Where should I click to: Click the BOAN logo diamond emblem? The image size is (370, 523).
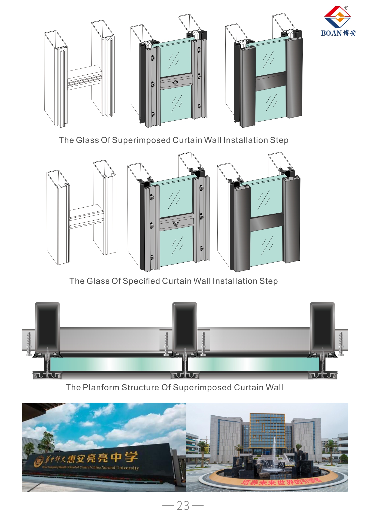(x=338, y=17)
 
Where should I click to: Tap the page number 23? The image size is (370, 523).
(x=183, y=506)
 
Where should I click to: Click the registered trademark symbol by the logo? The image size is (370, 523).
(x=346, y=8)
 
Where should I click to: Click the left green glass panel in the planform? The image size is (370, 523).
(x=116, y=364)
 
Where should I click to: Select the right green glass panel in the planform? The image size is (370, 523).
(x=253, y=364)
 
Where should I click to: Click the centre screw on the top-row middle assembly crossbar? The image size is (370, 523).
(x=175, y=83)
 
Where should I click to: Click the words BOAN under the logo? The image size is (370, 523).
(x=331, y=33)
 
